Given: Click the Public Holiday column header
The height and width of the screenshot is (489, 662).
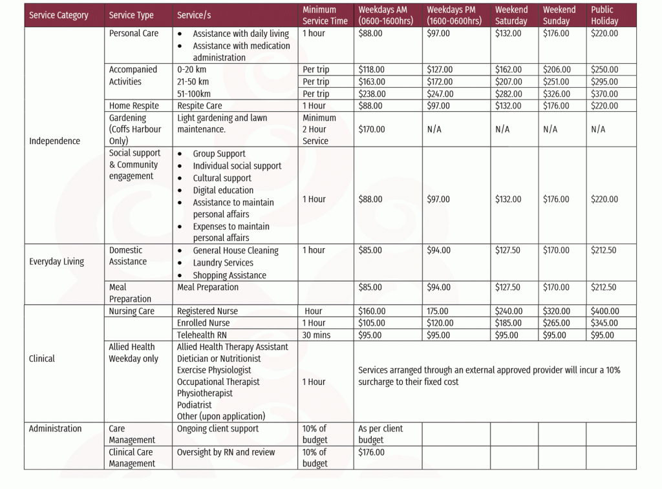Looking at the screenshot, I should [x=604, y=16].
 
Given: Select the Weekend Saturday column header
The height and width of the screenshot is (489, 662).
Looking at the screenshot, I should [x=511, y=16].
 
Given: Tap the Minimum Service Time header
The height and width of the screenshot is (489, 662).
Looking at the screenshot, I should [x=325, y=16].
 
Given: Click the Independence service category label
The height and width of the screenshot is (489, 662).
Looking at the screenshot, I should [x=55, y=141].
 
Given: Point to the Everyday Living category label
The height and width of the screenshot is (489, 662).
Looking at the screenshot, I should [x=57, y=262].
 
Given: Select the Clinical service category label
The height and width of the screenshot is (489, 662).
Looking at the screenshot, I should [x=42, y=359].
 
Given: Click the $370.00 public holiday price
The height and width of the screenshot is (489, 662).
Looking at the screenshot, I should [x=604, y=94].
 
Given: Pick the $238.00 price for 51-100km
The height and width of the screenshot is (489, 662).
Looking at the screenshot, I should [x=372, y=94].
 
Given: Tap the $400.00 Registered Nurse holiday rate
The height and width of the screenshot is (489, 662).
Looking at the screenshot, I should [x=604, y=311].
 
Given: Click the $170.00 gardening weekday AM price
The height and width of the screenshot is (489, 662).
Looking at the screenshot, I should [x=372, y=129].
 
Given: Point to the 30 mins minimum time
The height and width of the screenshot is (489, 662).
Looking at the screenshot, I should [x=316, y=335].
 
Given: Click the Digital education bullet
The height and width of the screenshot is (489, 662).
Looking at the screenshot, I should [x=223, y=191].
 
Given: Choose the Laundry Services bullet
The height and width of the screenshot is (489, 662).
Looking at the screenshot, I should [x=223, y=263].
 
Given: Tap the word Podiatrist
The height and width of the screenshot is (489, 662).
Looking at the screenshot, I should [x=195, y=405].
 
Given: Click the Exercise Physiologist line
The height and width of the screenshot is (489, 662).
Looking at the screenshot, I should [x=214, y=370].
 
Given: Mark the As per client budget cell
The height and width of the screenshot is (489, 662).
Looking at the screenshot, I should [x=380, y=434].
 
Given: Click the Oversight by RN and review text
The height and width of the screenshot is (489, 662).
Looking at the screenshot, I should [x=226, y=452].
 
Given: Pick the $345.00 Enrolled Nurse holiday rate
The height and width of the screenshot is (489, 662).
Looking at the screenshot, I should [x=604, y=323].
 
